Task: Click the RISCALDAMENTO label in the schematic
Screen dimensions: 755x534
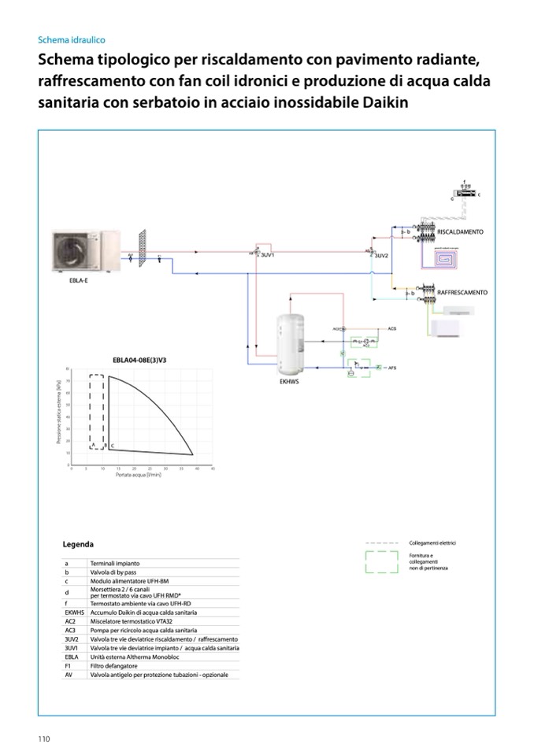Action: click(460, 232)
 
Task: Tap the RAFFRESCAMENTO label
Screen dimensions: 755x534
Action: click(462, 293)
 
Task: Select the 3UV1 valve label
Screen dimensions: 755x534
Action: click(267, 256)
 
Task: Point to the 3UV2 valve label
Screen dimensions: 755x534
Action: click(381, 257)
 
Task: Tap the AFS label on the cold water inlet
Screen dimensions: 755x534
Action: click(391, 368)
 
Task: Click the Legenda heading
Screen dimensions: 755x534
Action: click(78, 544)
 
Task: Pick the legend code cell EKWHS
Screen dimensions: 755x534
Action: click(75, 612)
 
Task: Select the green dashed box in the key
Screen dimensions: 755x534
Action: click(382, 562)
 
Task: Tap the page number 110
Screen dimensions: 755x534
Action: click(43, 738)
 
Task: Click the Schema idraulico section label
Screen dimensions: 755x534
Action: click(71, 39)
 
